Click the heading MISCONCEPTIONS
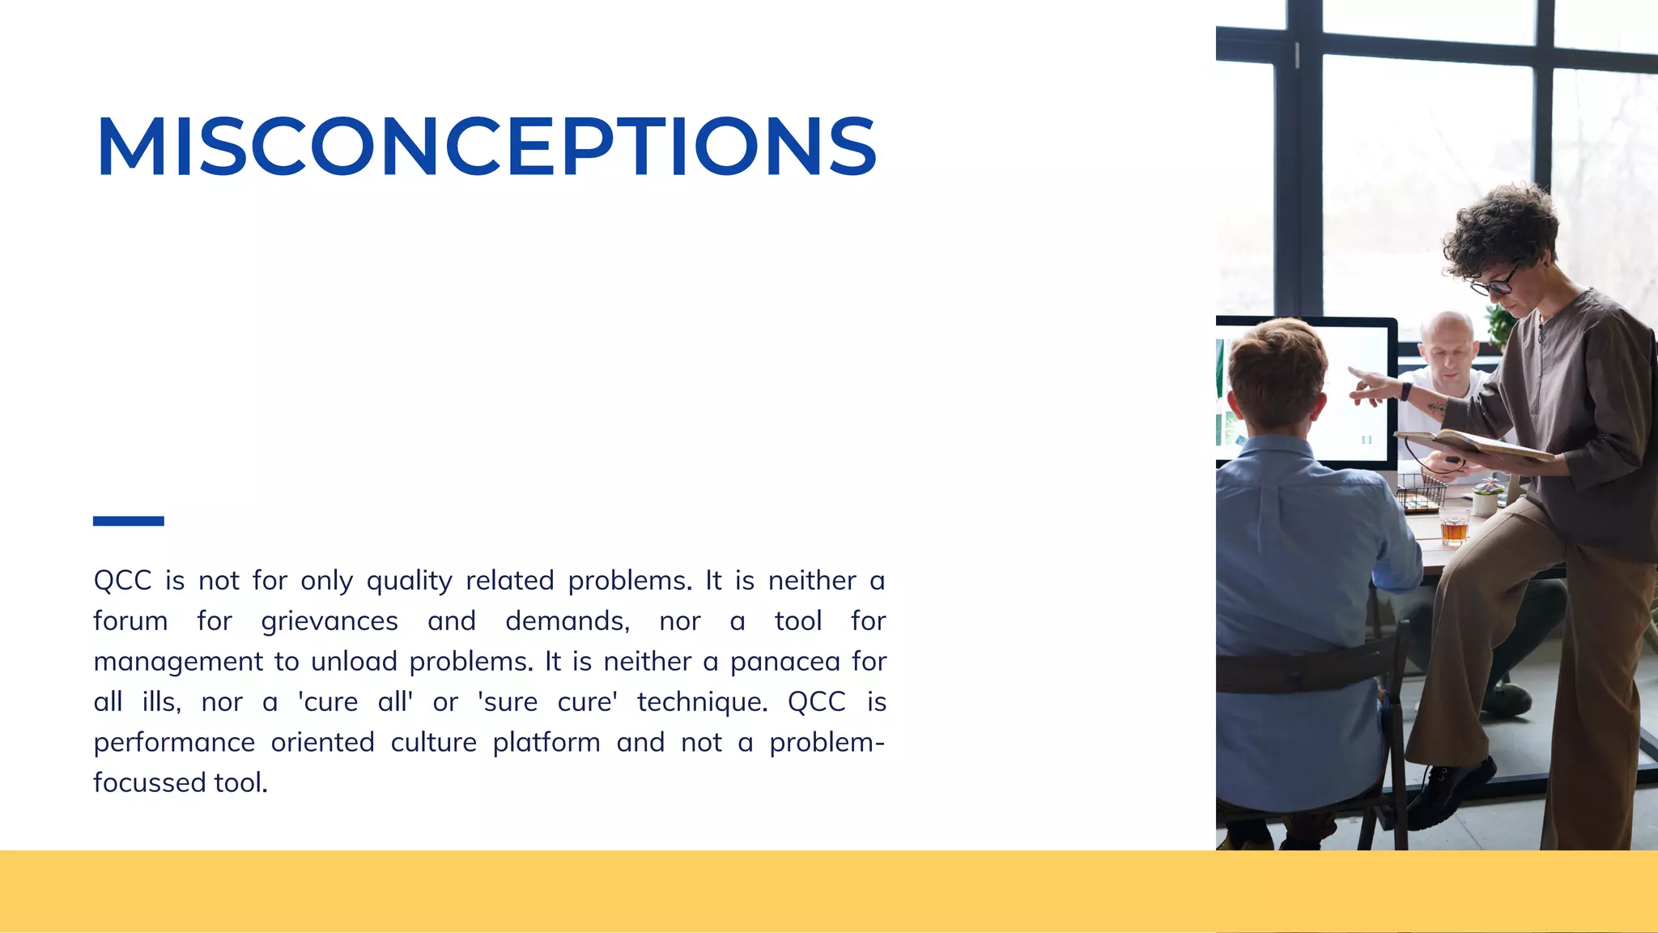point(486,147)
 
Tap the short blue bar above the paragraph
point(128,521)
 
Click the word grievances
point(329,621)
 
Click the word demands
point(567,621)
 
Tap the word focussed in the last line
point(150,783)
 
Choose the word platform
point(546,743)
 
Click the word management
point(178,662)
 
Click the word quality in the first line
point(409,582)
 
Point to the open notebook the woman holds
point(1473,444)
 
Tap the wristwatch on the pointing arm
point(1406,391)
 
